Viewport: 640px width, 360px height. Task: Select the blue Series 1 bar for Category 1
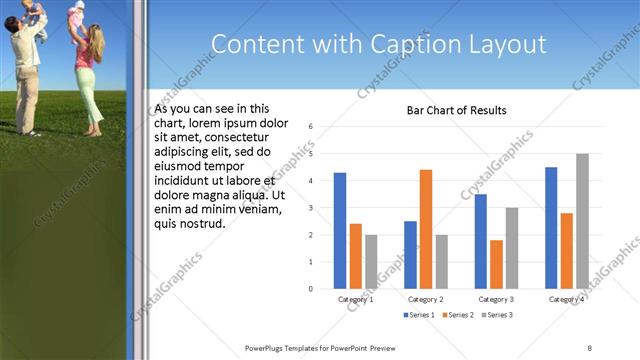pos(340,230)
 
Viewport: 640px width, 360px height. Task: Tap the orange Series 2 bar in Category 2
pos(425,229)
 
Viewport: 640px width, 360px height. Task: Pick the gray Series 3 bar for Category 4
pos(582,221)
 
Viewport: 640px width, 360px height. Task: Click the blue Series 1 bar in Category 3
pos(481,241)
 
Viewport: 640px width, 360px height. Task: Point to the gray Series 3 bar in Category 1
pos(371,261)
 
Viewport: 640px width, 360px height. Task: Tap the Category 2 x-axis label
pos(426,299)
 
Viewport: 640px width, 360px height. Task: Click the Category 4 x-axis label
pos(566,299)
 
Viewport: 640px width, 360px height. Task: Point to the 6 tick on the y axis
pos(311,126)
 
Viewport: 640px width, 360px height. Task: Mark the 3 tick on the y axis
pos(311,208)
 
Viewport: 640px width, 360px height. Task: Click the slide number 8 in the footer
pos(590,347)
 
